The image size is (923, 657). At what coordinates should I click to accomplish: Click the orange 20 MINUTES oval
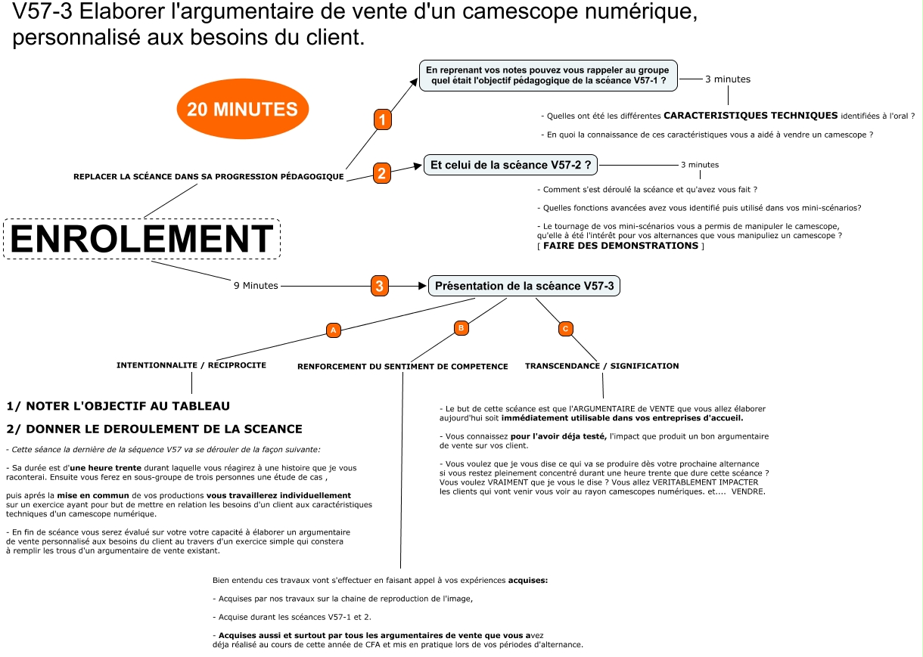click(242, 109)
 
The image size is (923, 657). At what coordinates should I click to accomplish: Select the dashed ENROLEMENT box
click(141, 239)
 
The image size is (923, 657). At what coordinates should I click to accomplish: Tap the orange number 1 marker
click(383, 119)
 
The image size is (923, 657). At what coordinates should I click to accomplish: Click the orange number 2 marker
click(382, 173)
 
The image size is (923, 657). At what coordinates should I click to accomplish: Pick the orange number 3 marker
click(380, 286)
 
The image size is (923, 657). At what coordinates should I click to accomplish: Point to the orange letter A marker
click(334, 330)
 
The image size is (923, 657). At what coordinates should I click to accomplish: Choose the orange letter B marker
click(461, 327)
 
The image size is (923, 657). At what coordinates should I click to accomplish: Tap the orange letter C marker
click(565, 328)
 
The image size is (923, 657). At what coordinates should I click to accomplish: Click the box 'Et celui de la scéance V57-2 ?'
click(511, 164)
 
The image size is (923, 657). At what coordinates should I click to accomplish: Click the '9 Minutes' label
click(256, 286)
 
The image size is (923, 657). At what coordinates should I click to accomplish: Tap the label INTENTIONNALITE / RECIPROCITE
click(191, 365)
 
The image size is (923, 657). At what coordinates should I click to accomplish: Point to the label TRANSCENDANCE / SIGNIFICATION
click(601, 366)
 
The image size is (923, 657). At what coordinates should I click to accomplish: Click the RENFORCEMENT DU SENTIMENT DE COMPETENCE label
click(402, 367)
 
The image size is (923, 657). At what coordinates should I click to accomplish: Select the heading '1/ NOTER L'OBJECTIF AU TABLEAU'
click(118, 406)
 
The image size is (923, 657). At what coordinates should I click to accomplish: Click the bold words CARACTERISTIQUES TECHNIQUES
click(751, 116)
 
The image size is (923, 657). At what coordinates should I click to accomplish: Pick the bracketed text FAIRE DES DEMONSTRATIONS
click(620, 246)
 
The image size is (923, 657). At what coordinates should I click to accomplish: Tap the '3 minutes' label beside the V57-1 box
click(728, 79)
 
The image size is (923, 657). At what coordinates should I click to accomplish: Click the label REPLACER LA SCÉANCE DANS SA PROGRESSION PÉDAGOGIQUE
click(209, 177)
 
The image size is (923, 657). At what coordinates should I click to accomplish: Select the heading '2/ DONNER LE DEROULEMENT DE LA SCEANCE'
click(154, 429)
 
